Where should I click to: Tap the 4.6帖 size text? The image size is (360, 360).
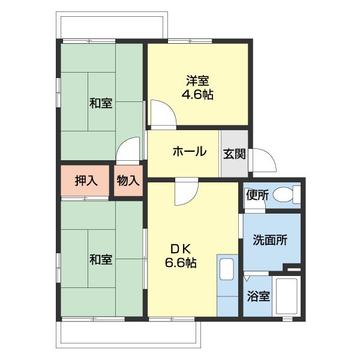(x=197, y=95)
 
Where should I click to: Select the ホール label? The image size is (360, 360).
(x=189, y=152)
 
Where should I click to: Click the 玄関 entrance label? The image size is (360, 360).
(x=234, y=154)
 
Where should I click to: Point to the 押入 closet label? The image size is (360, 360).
(x=86, y=181)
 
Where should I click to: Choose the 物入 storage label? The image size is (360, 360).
(x=128, y=181)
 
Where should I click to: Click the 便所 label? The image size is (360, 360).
(x=256, y=194)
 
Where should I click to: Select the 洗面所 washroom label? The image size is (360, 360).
(x=269, y=240)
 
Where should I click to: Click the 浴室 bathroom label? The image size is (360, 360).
(x=259, y=296)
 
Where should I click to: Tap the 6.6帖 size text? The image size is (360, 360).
(x=181, y=263)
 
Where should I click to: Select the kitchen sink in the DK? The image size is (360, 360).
(x=227, y=269)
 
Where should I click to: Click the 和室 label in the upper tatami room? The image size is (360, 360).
(x=101, y=103)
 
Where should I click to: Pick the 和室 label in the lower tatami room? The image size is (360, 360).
(x=101, y=259)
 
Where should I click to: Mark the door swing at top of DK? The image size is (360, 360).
(x=185, y=192)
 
